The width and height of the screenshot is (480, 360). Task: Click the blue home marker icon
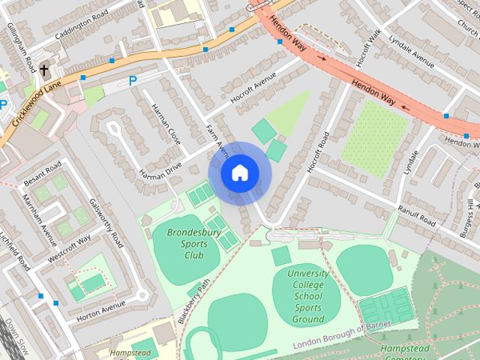(238, 173)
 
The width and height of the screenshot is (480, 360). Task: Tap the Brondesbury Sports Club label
(184, 244)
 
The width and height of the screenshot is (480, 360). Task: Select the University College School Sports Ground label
(308, 296)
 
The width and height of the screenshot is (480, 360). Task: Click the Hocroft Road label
(318, 153)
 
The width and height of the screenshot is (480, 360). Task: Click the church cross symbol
(44, 71)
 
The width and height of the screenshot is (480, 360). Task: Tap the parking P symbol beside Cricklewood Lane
(133, 80)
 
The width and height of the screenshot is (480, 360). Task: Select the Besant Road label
(41, 172)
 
